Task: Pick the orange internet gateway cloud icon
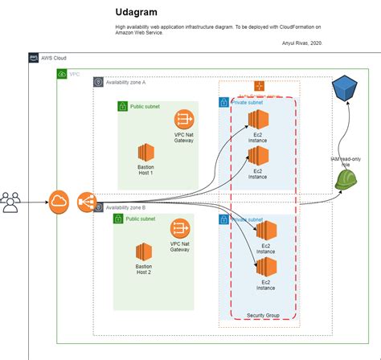tap(59, 202)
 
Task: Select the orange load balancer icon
tap(87, 202)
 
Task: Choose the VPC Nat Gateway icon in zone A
tap(184, 120)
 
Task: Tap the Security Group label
tap(262, 316)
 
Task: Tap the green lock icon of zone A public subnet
tap(122, 106)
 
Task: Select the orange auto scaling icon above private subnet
tap(259, 85)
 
